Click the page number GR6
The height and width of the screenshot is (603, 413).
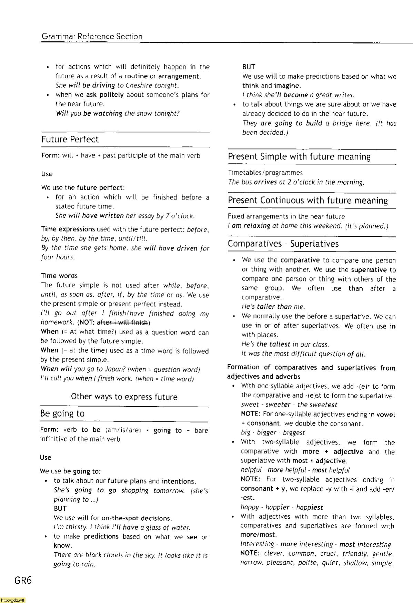(x=23, y=581)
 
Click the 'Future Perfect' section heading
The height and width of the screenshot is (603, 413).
(x=70, y=140)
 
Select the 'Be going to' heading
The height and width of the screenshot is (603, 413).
(x=62, y=413)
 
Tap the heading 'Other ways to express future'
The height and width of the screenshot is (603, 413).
(x=124, y=397)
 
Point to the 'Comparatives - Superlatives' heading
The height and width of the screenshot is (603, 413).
(x=283, y=244)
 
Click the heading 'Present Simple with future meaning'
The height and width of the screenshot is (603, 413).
(x=299, y=157)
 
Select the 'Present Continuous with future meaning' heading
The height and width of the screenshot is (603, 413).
(x=308, y=201)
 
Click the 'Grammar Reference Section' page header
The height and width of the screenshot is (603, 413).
(x=92, y=37)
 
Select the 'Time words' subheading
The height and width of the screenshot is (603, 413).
(x=59, y=276)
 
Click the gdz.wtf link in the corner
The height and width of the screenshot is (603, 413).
(x=13, y=600)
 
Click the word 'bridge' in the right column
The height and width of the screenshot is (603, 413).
(x=343, y=123)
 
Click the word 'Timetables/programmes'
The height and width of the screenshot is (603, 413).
(x=265, y=173)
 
